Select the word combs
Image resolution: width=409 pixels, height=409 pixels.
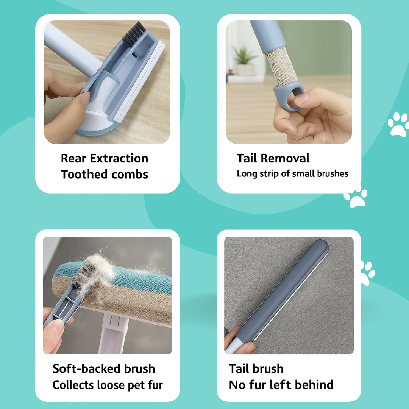(x=130, y=175)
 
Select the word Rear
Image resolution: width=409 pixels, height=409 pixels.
(x=73, y=158)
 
